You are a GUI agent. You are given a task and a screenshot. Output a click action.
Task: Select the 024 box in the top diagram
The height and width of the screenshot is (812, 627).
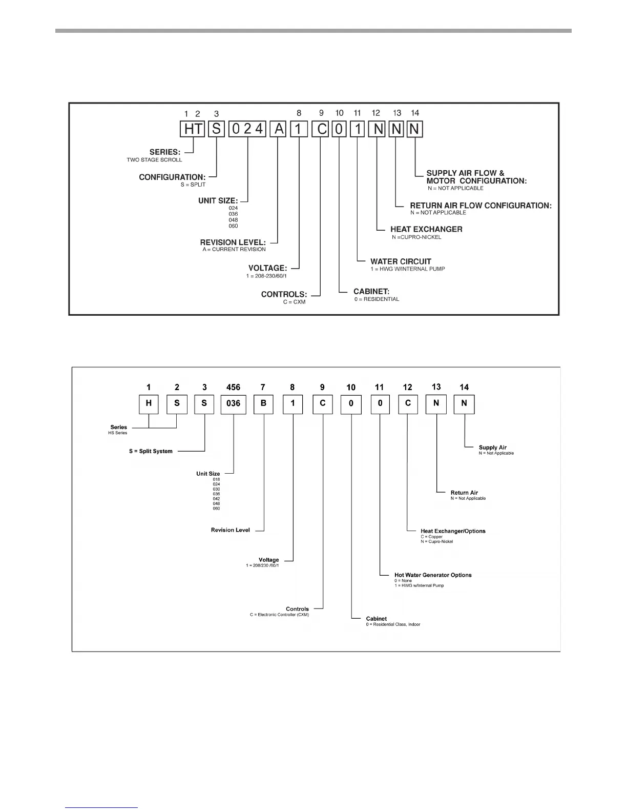pyautogui.click(x=247, y=129)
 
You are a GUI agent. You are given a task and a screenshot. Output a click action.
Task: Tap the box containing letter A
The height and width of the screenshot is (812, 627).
pyautogui.click(x=279, y=129)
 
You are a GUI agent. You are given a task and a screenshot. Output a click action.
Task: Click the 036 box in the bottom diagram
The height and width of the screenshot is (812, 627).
pyautogui.click(x=233, y=403)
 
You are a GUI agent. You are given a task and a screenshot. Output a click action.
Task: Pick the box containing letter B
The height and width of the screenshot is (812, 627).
pyautogui.click(x=263, y=403)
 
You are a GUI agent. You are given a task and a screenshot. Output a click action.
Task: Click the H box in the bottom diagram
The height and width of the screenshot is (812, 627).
pyautogui.click(x=149, y=403)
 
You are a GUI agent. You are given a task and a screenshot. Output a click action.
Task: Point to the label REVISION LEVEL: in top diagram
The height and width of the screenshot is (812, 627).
pyautogui.click(x=233, y=242)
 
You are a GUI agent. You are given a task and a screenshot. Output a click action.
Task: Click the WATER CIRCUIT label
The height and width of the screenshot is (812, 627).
pyautogui.click(x=401, y=261)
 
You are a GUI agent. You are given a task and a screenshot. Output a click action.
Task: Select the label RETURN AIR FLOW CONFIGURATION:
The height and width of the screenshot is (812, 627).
pyautogui.click(x=480, y=206)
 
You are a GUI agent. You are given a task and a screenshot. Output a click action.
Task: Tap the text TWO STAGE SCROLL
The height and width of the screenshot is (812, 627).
pyautogui.click(x=154, y=160)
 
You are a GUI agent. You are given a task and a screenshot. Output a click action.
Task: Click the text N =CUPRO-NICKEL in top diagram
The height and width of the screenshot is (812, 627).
pyautogui.click(x=416, y=237)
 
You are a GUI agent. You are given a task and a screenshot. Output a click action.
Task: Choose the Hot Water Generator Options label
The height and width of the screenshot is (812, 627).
pyautogui.click(x=433, y=575)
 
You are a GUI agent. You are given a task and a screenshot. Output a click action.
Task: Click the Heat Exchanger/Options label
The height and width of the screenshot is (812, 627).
pyautogui.click(x=453, y=531)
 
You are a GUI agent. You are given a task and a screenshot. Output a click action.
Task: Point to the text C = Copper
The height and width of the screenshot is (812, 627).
pyautogui.click(x=431, y=537)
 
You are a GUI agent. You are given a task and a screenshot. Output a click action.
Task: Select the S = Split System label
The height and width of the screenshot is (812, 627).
pyautogui.click(x=151, y=452)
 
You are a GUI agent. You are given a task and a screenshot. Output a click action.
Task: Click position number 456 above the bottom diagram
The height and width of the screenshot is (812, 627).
pyautogui.click(x=233, y=388)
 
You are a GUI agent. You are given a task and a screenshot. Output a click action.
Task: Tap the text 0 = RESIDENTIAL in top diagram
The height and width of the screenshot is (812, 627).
pyautogui.click(x=377, y=299)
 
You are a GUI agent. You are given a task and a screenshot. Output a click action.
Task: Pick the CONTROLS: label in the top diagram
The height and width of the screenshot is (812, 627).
pyautogui.click(x=284, y=295)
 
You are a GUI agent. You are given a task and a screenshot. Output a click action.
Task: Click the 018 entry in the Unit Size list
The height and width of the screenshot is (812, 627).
pyautogui.click(x=216, y=480)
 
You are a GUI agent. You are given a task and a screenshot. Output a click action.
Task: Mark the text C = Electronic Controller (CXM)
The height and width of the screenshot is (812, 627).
pyautogui.click(x=279, y=615)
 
